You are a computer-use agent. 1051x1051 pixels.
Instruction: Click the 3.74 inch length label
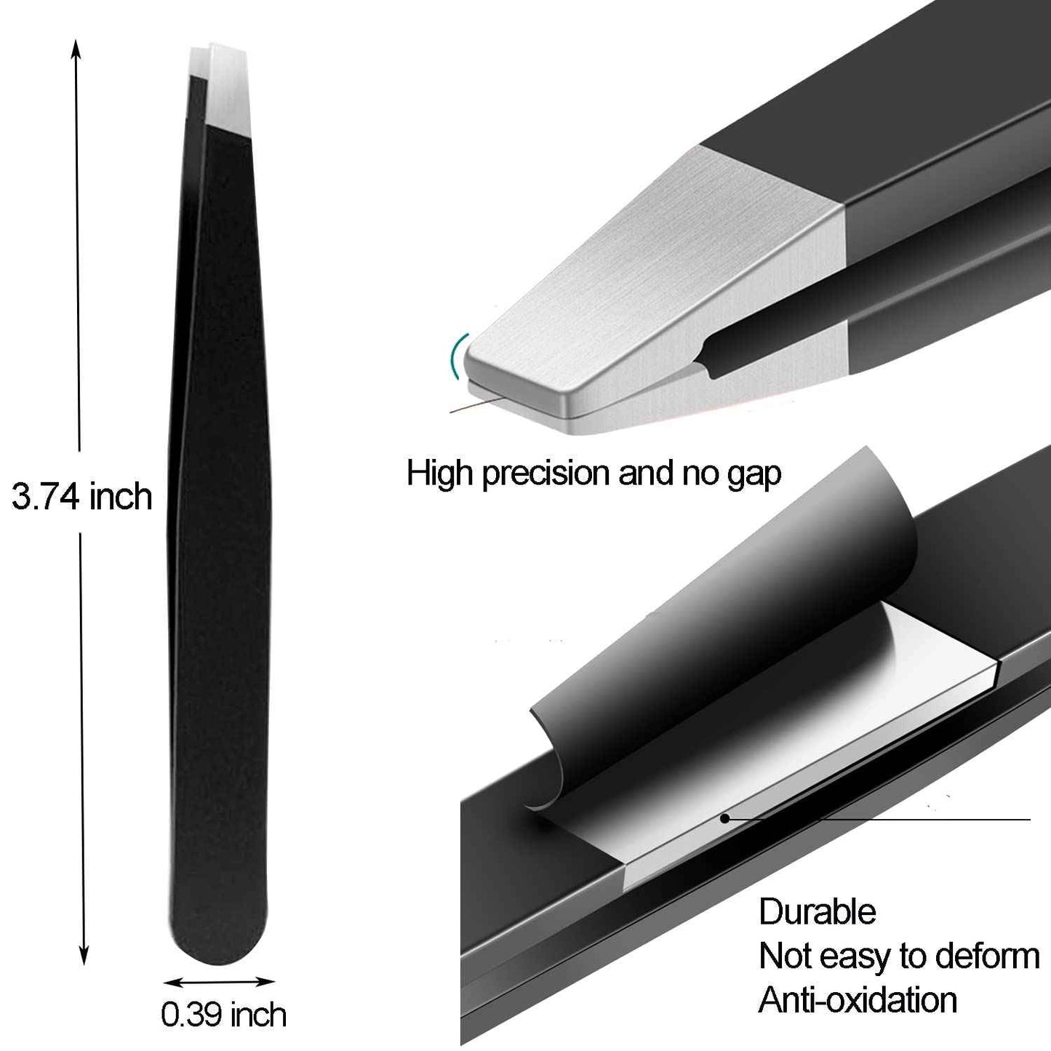(81, 497)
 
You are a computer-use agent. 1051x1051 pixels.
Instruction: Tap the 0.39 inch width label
(223, 1015)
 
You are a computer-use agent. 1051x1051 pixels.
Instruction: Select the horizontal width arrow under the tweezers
(218, 982)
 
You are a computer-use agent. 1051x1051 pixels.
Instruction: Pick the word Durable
(817, 912)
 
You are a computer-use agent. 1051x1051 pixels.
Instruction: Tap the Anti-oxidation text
(858, 1000)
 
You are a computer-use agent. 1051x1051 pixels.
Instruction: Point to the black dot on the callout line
(724, 818)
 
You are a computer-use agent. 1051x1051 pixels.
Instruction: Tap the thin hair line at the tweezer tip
(476, 404)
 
